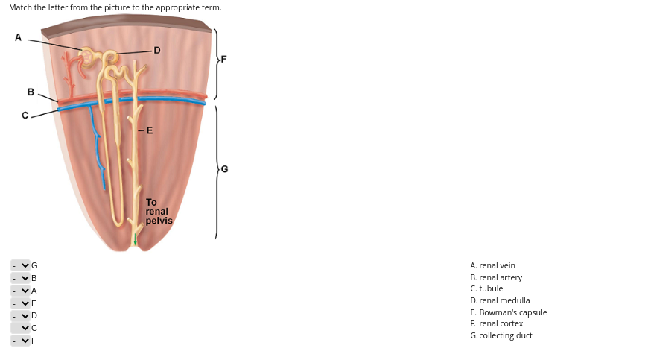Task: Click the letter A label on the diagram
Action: (18, 37)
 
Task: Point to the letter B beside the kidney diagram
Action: (31, 92)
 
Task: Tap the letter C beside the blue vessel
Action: (25, 116)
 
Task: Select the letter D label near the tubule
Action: (156, 51)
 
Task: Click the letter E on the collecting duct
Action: (150, 130)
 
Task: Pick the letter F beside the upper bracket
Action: (223, 58)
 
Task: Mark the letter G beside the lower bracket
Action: (224, 169)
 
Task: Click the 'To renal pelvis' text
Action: (158, 212)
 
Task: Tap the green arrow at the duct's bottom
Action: (135, 241)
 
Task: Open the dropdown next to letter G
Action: (20, 265)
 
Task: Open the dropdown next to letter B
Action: (20, 278)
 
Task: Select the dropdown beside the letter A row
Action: (20, 291)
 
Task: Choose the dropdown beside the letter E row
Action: (20, 303)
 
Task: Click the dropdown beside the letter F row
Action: (20, 341)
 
